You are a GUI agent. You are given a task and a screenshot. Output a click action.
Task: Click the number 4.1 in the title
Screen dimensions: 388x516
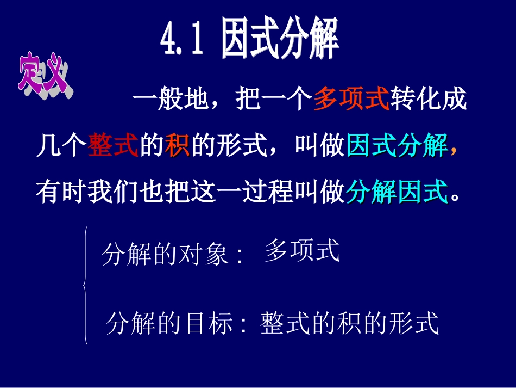tap(183, 40)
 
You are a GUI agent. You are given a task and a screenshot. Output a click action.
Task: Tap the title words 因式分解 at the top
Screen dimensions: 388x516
tap(280, 39)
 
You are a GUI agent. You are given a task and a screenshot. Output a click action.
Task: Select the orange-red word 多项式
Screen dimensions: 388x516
tap(351, 100)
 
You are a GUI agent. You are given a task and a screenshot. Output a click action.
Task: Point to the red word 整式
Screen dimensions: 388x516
tap(113, 146)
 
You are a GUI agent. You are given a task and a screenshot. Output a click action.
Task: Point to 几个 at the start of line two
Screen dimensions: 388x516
tap(61, 146)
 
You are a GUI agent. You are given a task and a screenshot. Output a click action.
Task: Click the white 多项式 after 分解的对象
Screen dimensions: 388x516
tap(302, 251)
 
